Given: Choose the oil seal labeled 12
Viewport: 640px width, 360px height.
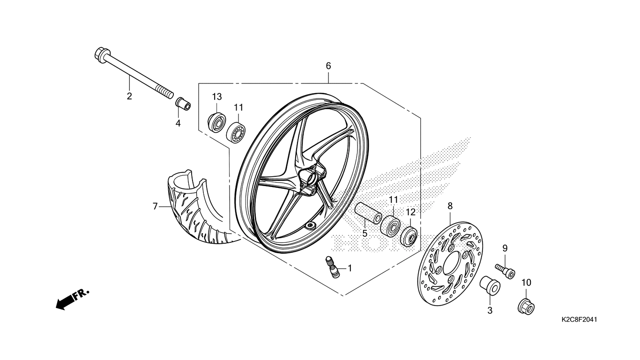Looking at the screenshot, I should coord(409,235).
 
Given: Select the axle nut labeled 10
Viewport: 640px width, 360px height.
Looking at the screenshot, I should coord(526,306).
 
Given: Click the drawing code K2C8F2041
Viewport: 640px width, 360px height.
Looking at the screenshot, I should coord(580,320).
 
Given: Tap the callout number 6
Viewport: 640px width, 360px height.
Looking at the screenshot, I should coord(328,66).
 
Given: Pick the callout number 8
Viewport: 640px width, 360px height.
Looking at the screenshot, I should coord(450,205).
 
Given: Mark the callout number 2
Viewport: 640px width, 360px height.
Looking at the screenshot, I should coord(129,97).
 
